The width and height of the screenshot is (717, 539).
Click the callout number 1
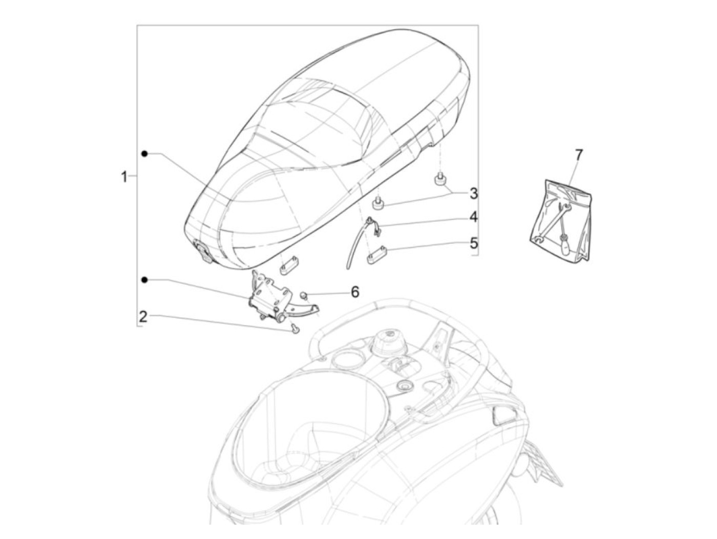pos(123,177)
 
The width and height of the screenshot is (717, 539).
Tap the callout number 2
pos(143,316)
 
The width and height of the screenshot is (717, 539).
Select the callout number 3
pos(474,193)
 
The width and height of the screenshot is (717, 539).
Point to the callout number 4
pos(474,217)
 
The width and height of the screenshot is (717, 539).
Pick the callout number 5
pos(474,242)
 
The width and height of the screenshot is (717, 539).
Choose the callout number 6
pos(355,292)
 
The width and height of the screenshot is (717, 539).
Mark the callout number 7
pos(579,154)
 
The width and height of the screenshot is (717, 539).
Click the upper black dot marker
pos(145,153)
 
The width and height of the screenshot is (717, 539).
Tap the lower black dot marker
pos(145,279)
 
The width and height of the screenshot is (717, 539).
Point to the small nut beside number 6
pos(304,295)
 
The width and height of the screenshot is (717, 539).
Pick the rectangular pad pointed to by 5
pos(376,254)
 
